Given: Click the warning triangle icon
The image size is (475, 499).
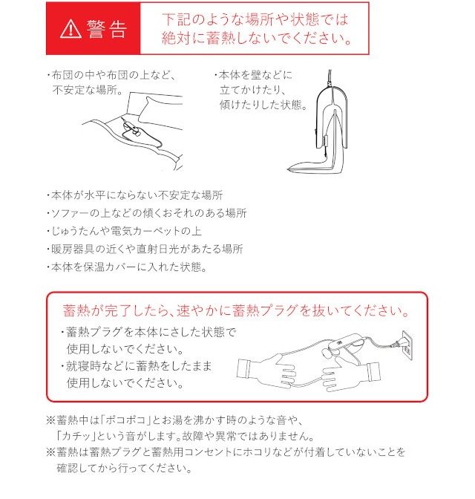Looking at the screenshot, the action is point(71,29).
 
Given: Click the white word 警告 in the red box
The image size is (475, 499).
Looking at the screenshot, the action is point(107,29).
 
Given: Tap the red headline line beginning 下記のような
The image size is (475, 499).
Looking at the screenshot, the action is point(255,20).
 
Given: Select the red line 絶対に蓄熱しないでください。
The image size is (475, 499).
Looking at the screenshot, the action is point(257,38).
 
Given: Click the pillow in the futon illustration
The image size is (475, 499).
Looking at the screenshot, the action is point(159,110).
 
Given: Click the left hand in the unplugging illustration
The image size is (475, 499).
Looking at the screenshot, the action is point(267,370).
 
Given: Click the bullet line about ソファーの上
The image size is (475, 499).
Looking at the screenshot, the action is point(147,213).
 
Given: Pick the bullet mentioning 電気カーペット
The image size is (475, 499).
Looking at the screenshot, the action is point(124,231).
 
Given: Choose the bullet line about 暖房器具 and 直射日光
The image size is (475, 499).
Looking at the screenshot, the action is point(145,249).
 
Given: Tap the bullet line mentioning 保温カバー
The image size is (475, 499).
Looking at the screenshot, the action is point(127,267).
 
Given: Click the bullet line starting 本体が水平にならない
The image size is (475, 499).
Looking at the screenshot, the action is point(134,195).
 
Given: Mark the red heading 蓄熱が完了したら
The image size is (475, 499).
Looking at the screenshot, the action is point(236,310).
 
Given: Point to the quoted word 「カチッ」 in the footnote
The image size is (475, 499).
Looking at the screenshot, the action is point(76,436).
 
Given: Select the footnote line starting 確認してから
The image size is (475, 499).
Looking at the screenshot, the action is point(125,468).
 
